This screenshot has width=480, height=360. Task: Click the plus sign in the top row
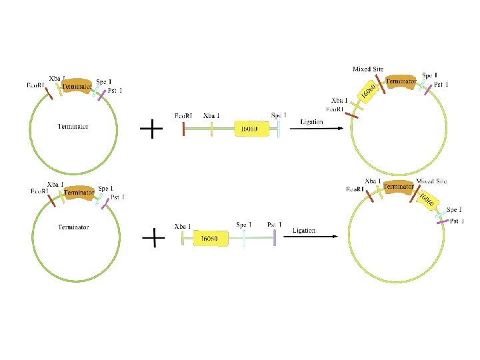153,128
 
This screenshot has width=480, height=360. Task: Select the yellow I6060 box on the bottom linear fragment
211,237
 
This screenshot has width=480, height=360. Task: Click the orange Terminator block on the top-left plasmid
77,85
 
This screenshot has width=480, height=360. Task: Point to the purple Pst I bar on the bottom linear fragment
275,237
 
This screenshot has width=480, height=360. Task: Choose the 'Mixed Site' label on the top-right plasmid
367,69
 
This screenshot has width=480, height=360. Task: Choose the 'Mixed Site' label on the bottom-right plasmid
431,181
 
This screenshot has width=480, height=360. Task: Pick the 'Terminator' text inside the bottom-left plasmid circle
73,227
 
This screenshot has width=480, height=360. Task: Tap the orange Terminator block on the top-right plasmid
401,81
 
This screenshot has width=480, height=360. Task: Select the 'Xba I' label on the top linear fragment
211,116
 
